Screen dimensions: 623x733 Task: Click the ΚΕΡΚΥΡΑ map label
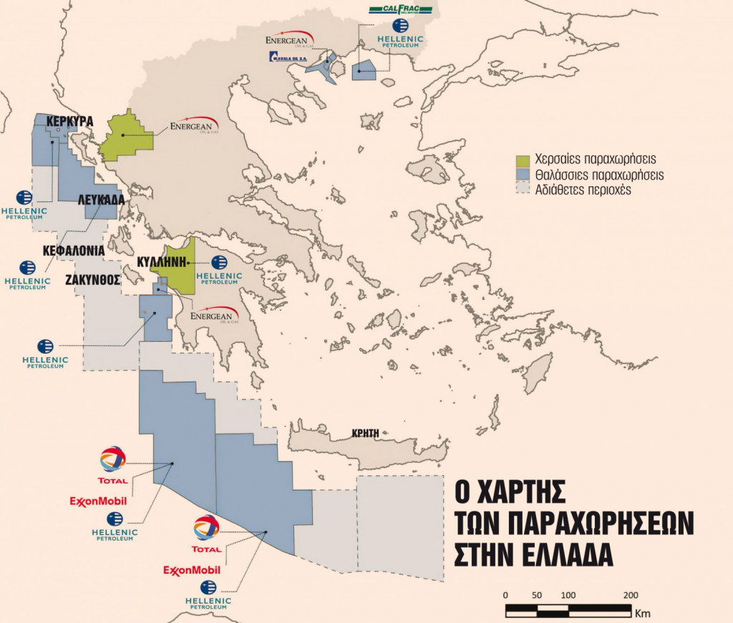pos(69,122)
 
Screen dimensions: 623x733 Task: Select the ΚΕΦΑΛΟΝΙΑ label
pos(74,251)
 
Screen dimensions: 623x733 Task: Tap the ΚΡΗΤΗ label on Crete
pos(364,433)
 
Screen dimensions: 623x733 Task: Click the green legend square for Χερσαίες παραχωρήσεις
pos(523,159)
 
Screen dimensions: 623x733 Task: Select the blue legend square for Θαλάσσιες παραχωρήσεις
pos(523,175)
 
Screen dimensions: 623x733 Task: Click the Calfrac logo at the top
pos(400,9)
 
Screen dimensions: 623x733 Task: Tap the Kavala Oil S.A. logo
pos(288,57)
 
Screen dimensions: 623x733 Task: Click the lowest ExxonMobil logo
pos(192,570)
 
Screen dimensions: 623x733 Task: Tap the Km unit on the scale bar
pos(643,613)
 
